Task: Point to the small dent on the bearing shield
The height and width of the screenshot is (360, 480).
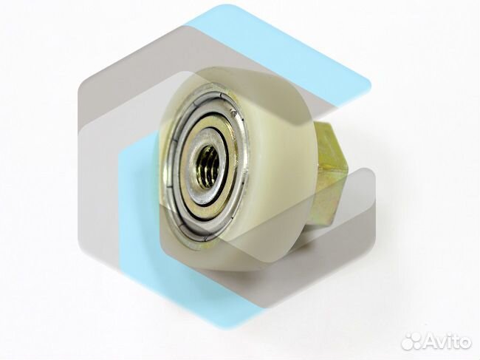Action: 235,115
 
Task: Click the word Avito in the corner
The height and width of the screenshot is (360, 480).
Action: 448,341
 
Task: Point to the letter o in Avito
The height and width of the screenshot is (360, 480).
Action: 464,343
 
